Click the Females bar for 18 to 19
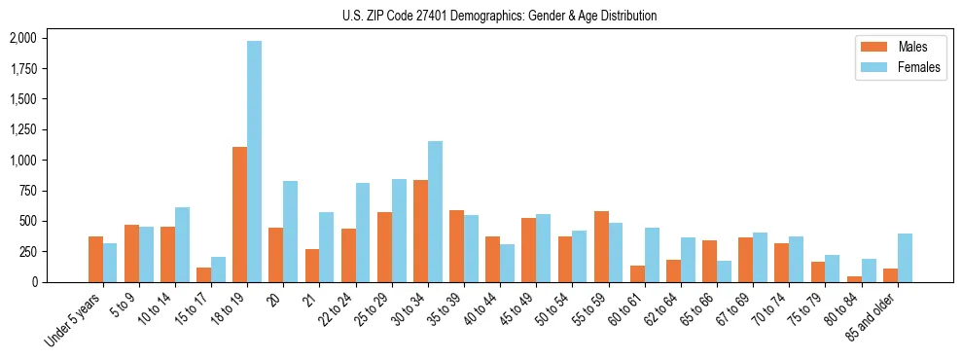[254, 162]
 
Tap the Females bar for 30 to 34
[435, 211]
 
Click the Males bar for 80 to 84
[854, 279]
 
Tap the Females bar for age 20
[290, 232]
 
